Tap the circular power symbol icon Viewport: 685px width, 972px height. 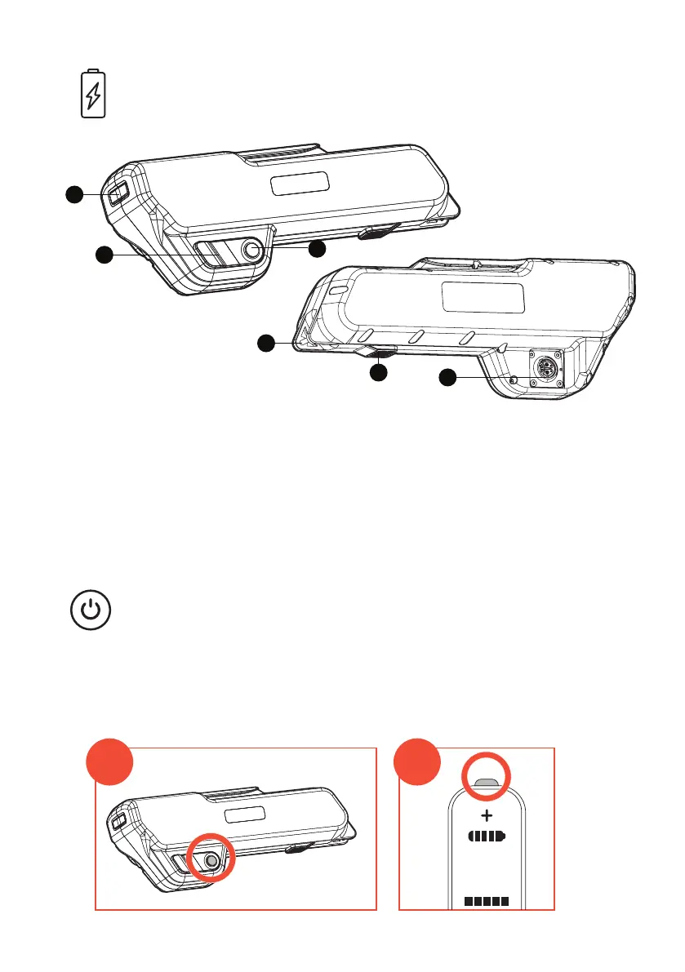point(91,611)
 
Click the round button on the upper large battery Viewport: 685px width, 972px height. point(254,252)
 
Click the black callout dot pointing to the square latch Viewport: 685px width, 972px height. point(75,194)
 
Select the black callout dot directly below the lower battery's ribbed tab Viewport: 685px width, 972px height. point(378,373)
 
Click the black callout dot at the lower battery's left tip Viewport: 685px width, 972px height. point(266,344)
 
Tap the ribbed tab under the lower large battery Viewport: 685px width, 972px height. point(377,352)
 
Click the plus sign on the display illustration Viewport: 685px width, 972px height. point(487,815)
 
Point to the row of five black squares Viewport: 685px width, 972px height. point(487,902)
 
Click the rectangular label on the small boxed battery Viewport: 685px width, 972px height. point(245,814)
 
